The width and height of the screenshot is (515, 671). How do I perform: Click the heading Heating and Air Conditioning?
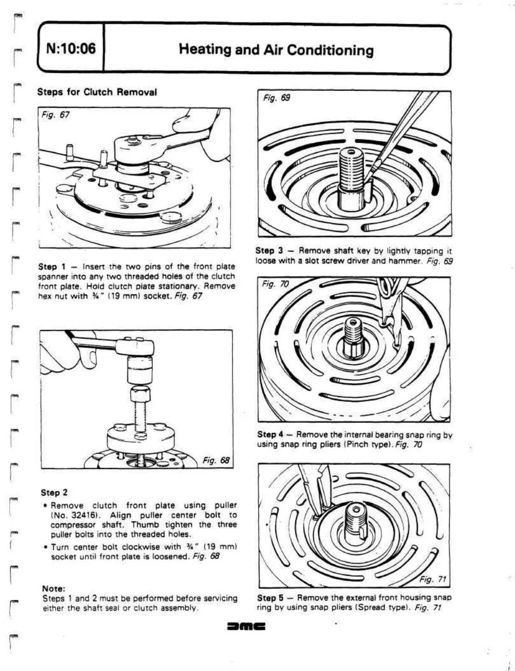[x=276, y=50]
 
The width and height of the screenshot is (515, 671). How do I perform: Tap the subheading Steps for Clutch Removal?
[x=97, y=92]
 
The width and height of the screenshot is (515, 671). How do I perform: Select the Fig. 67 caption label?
[x=56, y=115]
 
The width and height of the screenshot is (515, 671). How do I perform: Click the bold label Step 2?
[x=54, y=492]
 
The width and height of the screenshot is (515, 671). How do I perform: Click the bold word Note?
[x=54, y=588]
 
